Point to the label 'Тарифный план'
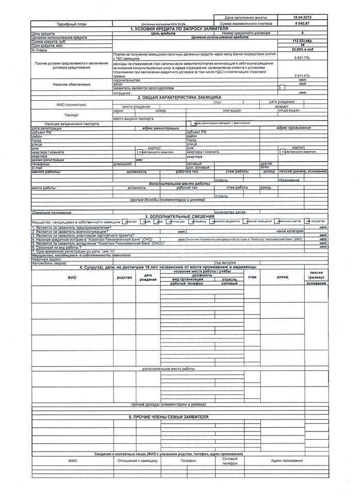(x=72, y=24)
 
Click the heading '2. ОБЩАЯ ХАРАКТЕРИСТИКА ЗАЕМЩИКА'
(x=179, y=97)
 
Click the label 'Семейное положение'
(x=52, y=212)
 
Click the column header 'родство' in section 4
(x=124, y=277)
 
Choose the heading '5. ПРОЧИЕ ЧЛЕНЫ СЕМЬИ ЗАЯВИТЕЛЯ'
(x=168, y=416)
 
